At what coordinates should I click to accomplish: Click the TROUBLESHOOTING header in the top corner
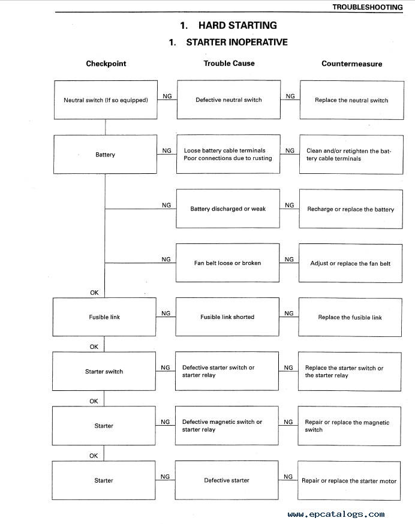367,7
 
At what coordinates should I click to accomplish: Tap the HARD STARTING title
228,25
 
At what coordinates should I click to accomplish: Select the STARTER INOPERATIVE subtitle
228,42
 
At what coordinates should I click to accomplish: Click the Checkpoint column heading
106,64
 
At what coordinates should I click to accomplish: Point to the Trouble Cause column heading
229,63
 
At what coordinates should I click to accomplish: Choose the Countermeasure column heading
352,64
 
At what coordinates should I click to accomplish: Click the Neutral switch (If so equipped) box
106,100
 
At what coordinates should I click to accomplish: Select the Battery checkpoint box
105,155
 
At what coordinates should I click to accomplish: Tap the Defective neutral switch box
228,100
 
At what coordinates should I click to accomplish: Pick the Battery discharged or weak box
228,209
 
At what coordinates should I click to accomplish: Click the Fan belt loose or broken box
227,263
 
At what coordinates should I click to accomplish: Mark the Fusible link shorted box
227,317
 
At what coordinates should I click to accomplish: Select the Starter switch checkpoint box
104,371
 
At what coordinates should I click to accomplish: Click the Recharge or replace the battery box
351,209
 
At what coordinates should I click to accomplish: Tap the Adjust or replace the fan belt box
350,263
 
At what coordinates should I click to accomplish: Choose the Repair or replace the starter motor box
349,481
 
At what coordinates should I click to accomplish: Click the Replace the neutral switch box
352,100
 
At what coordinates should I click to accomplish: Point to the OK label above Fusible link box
94,293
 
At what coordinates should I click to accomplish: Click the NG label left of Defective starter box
165,477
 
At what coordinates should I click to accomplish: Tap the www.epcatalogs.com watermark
336,514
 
